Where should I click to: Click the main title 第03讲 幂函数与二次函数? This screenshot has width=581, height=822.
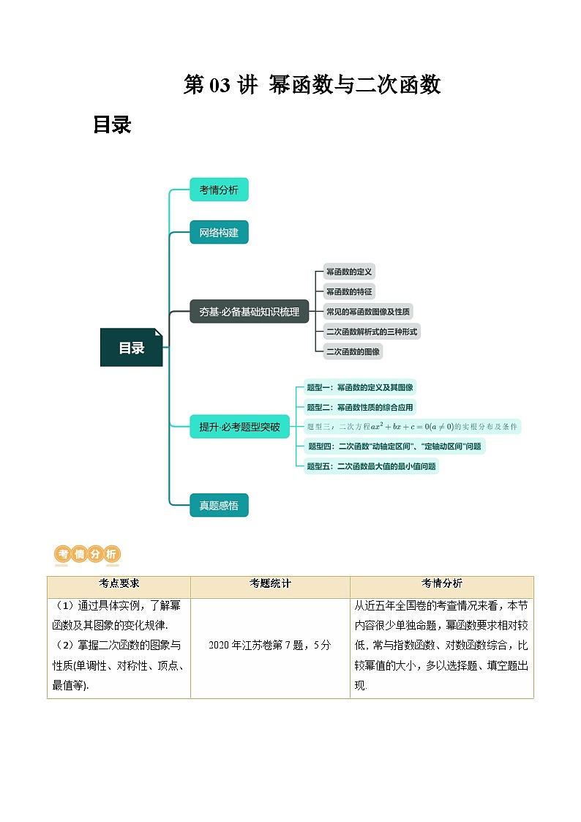point(312,86)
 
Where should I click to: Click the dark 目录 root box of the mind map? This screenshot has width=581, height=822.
point(132,348)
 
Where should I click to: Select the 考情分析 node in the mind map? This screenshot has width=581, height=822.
point(219,190)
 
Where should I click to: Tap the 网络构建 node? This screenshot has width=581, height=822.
point(219,233)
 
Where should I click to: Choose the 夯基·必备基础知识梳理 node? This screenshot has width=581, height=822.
point(249,311)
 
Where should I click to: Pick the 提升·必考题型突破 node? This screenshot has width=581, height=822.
point(239,427)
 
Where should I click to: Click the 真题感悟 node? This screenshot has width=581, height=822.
point(219,505)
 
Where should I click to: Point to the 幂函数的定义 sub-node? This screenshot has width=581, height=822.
point(350,272)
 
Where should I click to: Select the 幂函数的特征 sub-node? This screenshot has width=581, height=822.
point(350,291)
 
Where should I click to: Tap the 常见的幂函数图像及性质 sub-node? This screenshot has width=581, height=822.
point(368,311)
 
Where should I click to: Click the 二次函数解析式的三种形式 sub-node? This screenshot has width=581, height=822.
point(372,331)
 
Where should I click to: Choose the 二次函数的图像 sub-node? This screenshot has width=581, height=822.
point(353,351)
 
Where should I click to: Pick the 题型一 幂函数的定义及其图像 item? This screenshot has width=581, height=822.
point(360,387)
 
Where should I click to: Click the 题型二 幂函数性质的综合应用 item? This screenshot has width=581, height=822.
point(360,407)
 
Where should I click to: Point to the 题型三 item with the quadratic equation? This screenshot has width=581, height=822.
point(412,426)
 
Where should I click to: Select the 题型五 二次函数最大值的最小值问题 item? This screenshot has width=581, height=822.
point(372,466)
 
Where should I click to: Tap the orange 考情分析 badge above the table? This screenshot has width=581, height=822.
point(88,555)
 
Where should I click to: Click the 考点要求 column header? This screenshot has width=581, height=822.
point(119,583)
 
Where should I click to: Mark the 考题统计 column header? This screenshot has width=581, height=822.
point(270,583)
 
